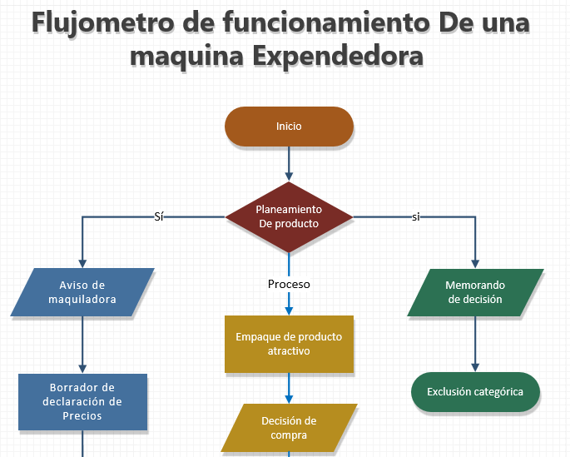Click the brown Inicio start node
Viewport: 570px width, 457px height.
[x=289, y=127]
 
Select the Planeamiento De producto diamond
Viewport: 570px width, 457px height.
[x=289, y=217]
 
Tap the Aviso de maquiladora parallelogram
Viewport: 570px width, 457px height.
[x=82, y=292]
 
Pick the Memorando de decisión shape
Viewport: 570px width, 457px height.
[x=475, y=292]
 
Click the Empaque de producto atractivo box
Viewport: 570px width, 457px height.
[x=289, y=344]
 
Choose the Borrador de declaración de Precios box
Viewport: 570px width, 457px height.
[x=82, y=401]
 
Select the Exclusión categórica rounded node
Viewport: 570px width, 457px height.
[x=475, y=391]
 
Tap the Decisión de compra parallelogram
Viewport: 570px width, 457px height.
[x=289, y=428]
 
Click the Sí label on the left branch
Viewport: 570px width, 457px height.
[x=159, y=216]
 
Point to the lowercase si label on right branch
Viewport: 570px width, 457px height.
[x=416, y=216]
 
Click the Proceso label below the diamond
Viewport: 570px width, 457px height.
[x=289, y=284]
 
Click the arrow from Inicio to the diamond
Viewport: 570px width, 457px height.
[x=289, y=163]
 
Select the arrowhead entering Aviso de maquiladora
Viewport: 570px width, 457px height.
[x=82, y=262]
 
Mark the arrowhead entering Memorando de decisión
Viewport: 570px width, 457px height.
[x=475, y=262]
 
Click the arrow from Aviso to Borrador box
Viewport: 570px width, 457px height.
[x=82, y=345]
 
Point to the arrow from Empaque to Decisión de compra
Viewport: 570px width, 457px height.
[x=289, y=387]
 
